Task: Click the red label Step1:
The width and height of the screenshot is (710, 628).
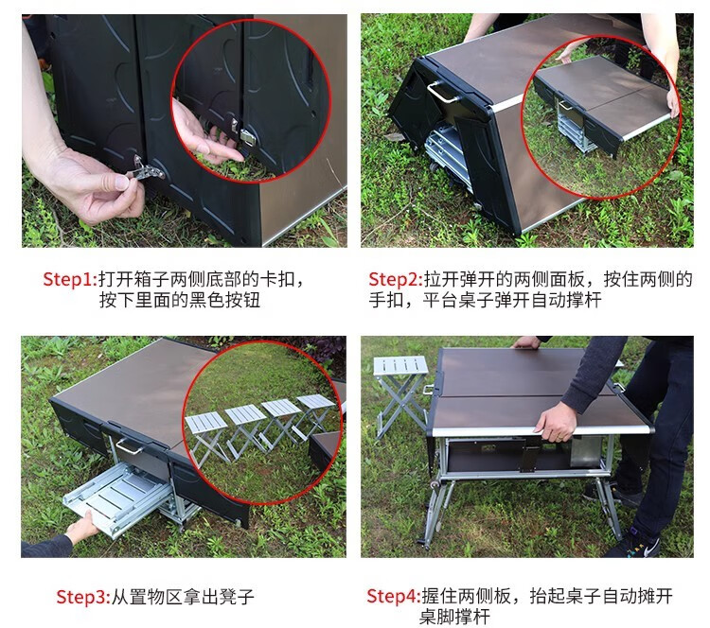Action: (70, 279)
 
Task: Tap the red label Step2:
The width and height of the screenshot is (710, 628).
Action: (396, 279)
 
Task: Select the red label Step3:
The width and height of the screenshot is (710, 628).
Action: (83, 597)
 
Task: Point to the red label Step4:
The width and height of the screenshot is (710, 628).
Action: (394, 596)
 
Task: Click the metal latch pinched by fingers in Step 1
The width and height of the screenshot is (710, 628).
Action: (146, 169)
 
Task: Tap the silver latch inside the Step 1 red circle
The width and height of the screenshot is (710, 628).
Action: (247, 136)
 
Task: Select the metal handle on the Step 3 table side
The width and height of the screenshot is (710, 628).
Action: (130, 445)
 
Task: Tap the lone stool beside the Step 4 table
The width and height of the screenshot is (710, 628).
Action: (400, 396)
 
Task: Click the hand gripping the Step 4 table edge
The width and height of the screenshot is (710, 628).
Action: (555, 421)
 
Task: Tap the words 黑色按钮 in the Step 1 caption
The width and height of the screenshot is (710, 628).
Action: (224, 300)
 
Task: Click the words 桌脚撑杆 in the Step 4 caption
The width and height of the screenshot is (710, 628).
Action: (454, 617)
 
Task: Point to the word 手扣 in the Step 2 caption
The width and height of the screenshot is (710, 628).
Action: (386, 300)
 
